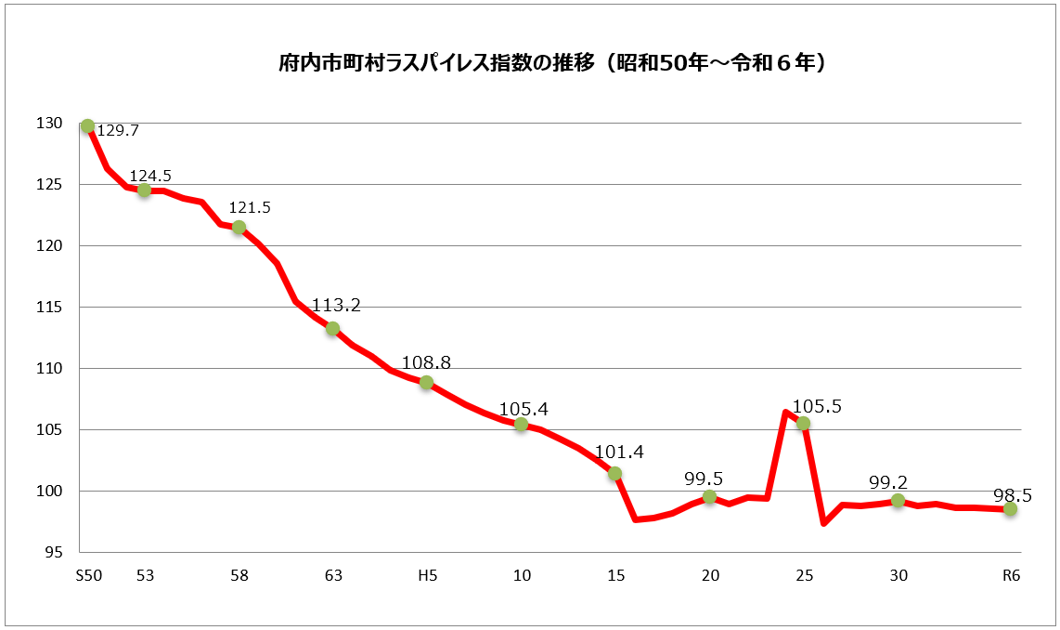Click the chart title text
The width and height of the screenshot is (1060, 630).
552,64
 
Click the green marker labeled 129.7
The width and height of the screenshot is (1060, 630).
88,126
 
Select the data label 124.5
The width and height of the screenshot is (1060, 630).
150,175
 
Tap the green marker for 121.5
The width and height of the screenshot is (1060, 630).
239,227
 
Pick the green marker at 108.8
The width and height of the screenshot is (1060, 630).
426,382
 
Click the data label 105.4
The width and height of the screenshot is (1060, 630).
524,409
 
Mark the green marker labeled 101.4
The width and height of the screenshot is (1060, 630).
614,473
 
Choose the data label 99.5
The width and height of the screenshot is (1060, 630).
704,479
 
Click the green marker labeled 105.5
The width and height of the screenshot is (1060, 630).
803,423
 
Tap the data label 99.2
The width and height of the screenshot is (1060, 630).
888,482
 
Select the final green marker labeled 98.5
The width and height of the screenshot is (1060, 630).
1010,509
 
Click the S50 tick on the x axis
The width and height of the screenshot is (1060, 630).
88,575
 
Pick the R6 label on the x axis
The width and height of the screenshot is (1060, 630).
1011,575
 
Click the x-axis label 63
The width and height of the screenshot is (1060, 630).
333,575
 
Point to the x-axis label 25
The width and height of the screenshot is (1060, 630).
804,575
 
